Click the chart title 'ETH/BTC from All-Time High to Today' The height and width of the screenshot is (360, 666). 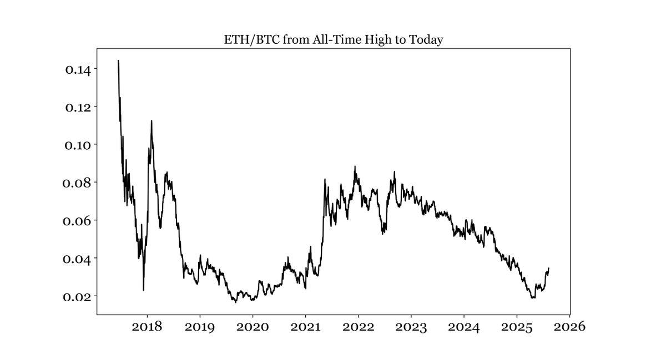coord(333,40)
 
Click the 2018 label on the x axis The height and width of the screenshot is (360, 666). coord(147,327)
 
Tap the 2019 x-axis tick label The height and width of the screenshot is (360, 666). coord(200,327)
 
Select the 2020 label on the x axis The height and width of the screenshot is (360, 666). coord(253,327)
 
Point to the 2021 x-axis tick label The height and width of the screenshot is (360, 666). coord(306,327)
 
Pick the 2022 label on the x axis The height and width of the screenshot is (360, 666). coord(359,327)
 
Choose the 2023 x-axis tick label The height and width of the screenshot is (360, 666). coord(411,327)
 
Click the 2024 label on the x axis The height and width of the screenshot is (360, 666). coord(464,327)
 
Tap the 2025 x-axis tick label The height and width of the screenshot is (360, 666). coord(517,327)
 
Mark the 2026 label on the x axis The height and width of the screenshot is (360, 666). coord(570,327)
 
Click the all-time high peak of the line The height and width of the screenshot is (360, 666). coord(119,60)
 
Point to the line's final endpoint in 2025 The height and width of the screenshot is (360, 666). coord(549,268)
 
